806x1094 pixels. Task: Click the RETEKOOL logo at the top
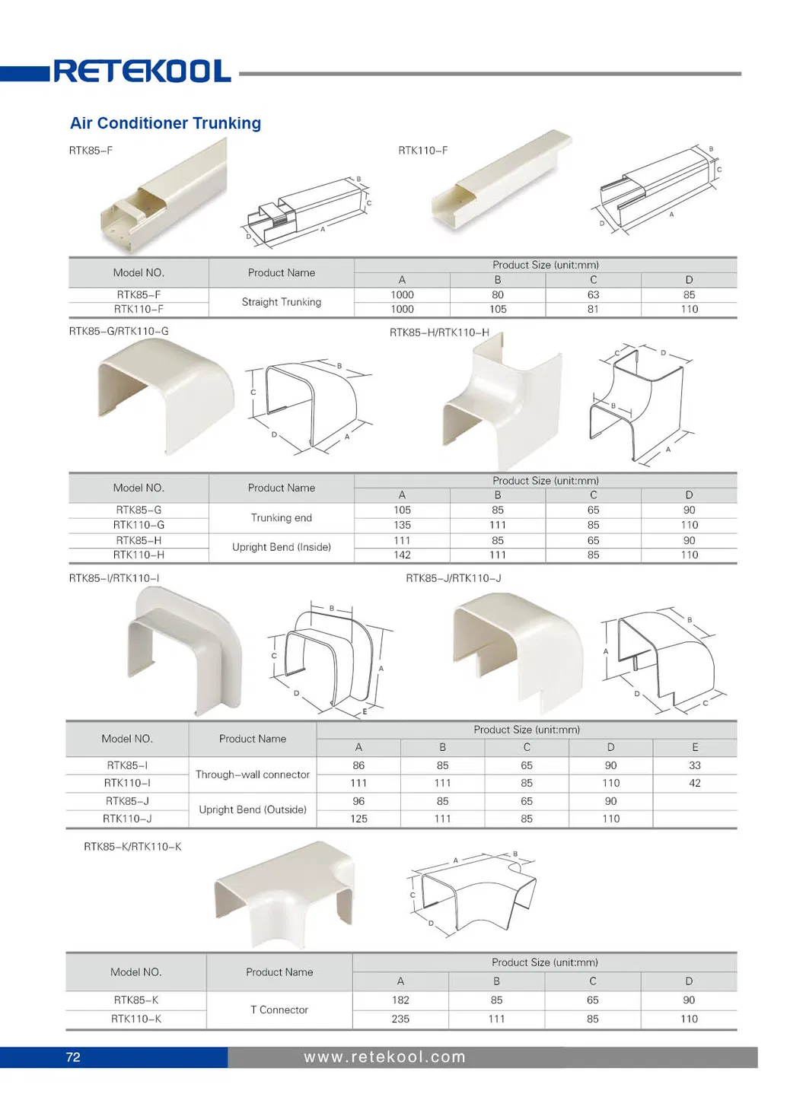pyautogui.click(x=142, y=72)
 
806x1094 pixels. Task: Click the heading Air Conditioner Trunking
pyautogui.click(x=165, y=123)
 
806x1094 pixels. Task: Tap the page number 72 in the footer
pyautogui.click(x=73, y=1057)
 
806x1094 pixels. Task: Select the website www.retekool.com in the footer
pyautogui.click(x=384, y=1057)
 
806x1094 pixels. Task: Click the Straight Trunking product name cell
pyautogui.click(x=281, y=302)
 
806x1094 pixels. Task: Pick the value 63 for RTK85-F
pyautogui.click(x=593, y=294)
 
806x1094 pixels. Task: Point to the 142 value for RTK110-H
pyautogui.click(x=402, y=555)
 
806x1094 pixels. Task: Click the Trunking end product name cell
pyautogui.click(x=281, y=517)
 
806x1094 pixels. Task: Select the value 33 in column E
pyautogui.click(x=694, y=765)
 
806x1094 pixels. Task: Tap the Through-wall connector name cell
pyautogui.click(x=252, y=774)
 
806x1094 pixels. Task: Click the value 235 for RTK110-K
pyautogui.click(x=400, y=1019)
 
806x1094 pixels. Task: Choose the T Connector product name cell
pyautogui.click(x=279, y=1010)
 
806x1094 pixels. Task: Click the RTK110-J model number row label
pyautogui.click(x=127, y=819)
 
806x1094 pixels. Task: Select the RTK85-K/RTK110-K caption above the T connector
pyautogui.click(x=132, y=847)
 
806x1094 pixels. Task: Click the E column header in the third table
pyautogui.click(x=694, y=747)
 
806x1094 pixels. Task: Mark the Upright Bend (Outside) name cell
pyautogui.click(x=252, y=809)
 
